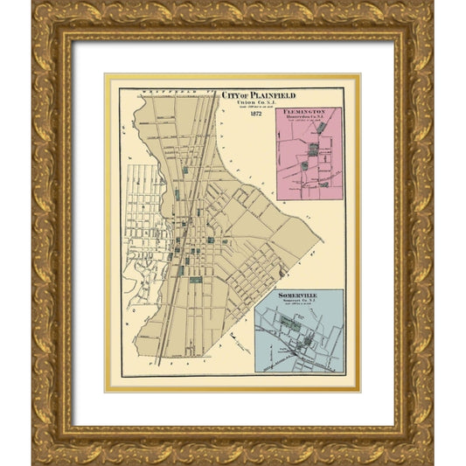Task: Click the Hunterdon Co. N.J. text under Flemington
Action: click(307, 120)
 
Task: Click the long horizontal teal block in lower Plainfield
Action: click(194, 280)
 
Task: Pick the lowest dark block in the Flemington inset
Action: click(323, 184)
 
